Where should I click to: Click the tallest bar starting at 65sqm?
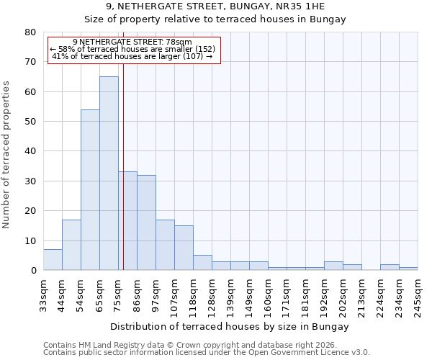click(109, 174)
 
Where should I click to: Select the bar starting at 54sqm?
click(90, 190)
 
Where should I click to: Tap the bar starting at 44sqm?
click(71, 245)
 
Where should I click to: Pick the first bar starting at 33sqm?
click(53, 260)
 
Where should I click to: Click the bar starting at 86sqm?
click(146, 222)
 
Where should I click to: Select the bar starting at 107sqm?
click(184, 248)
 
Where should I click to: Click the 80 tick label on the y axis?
click(30, 32)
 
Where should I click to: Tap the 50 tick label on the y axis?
click(30, 122)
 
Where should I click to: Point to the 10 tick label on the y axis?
click(30, 240)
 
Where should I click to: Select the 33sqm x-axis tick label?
click(43, 295)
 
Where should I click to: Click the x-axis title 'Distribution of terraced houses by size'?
click(230, 327)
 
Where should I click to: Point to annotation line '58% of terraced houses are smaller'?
click(132, 49)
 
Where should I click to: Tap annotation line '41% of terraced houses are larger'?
click(132, 56)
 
